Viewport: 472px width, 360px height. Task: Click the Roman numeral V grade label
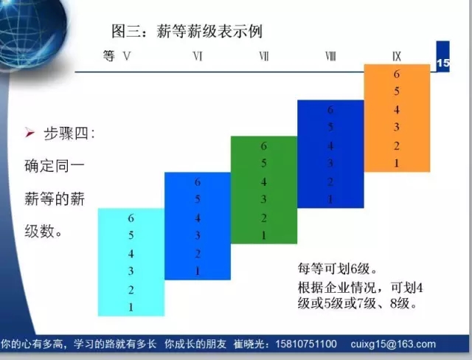click(127, 56)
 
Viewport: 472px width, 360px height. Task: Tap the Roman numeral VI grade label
click(198, 56)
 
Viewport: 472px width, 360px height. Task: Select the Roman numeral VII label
click(264, 56)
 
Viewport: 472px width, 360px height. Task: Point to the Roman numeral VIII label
click(330, 56)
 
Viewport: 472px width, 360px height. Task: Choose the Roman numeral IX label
click(397, 56)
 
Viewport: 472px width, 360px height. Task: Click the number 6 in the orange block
click(397, 74)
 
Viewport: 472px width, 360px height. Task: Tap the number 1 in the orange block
click(397, 163)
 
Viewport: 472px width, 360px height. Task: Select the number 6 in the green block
click(264, 146)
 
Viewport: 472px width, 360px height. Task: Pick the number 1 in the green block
click(264, 235)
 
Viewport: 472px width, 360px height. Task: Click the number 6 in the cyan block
click(131, 218)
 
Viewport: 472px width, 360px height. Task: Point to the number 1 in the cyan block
click(131, 308)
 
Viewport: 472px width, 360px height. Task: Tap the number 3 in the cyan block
click(131, 271)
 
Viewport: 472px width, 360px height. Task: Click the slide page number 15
click(442, 63)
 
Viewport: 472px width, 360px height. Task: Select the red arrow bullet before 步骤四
click(29, 133)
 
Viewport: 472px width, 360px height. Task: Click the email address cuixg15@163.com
click(393, 344)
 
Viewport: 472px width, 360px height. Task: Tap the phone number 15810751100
click(306, 344)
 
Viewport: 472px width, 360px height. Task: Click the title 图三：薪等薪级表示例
click(187, 31)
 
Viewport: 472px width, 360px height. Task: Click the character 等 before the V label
click(109, 56)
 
